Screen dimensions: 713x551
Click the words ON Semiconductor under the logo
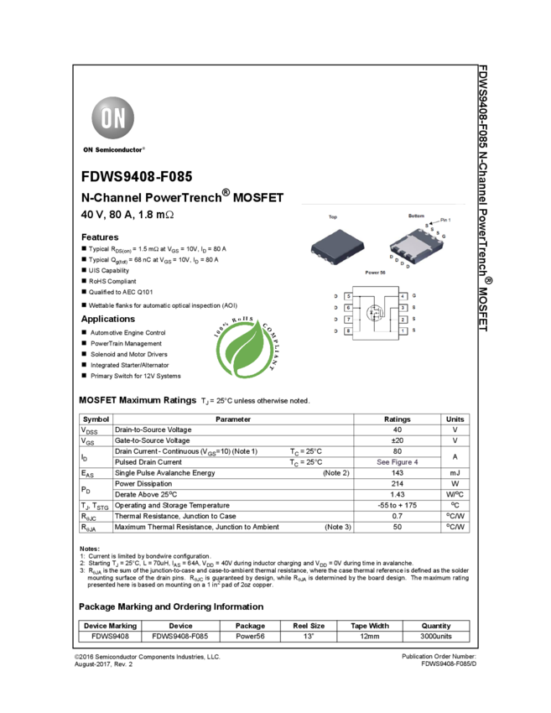tap(113, 150)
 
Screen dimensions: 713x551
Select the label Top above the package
tap(333, 217)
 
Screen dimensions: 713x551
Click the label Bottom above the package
tap(416, 216)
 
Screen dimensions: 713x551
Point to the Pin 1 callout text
tap(445, 220)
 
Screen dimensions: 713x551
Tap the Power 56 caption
tap(375, 273)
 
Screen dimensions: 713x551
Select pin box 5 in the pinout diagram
tap(348, 297)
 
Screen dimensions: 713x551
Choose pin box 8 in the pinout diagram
tap(348, 331)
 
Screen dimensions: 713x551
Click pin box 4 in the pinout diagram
tap(403, 297)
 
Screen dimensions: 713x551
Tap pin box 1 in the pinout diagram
tap(403, 331)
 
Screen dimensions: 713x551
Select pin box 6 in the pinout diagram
tap(348, 308)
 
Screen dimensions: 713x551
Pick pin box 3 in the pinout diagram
tap(403, 308)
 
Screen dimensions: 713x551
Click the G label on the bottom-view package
tap(443, 237)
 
